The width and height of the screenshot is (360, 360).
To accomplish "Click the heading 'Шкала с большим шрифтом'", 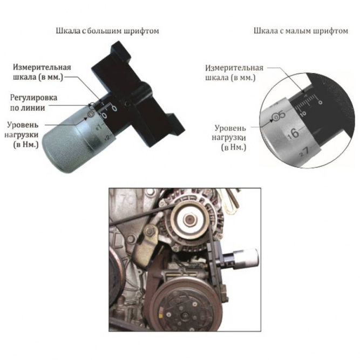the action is pos(107,31).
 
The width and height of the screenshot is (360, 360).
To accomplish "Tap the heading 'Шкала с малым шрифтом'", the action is pos(301,31).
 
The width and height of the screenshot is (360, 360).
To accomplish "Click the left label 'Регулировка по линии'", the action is pos(33,103).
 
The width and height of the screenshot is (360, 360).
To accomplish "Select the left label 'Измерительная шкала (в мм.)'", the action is pos(42,72).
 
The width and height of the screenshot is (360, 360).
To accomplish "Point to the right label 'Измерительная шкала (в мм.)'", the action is pos(234,73).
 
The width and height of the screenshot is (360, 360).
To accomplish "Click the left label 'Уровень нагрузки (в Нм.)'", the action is pos(22,134).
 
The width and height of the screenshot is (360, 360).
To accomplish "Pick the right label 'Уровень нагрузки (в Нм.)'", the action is pos(229,137).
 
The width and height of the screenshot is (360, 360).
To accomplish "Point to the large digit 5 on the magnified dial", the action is pos(282,114).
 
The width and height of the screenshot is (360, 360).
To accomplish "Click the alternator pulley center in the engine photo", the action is pos(189,221).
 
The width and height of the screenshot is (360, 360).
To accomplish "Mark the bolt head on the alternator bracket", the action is pos(151,230).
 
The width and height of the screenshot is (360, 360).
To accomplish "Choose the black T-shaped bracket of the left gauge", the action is pos(138,94).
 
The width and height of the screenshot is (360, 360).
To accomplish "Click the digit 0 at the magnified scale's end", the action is pos(320,101).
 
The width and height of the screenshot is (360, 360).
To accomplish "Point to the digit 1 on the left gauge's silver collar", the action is pos(99,126).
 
